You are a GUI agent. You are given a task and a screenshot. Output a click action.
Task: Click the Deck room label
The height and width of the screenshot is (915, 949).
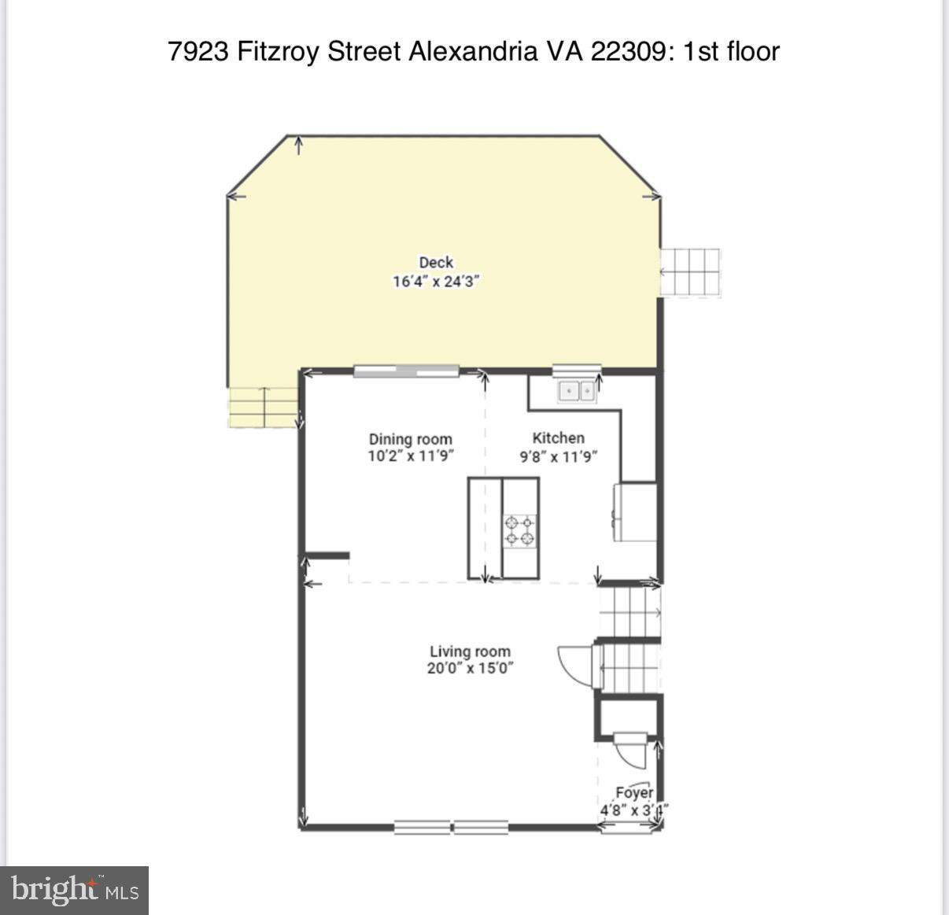pyautogui.click(x=435, y=263)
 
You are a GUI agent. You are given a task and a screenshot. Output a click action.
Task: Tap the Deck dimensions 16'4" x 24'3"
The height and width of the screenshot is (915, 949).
pyautogui.click(x=435, y=282)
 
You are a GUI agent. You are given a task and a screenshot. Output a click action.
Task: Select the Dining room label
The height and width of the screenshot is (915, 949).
pyautogui.click(x=410, y=439)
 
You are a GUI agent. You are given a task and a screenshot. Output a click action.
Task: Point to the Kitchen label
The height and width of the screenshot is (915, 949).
pyautogui.click(x=558, y=438)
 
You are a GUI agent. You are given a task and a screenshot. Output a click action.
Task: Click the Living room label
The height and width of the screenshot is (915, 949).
pyautogui.click(x=470, y=651)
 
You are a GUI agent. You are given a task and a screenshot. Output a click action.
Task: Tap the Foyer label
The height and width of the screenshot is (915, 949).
pyautogui.click(x=634, y=793)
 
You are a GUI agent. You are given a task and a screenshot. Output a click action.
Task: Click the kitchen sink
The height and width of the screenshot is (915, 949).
pyautogui.click(x=577, y=390)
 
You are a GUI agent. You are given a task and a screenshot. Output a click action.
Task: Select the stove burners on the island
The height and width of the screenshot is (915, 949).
pyautogui.click(x=520, y=529)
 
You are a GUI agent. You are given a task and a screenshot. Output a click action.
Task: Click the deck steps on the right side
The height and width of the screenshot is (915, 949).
pyautogui.click(x=690, y=272)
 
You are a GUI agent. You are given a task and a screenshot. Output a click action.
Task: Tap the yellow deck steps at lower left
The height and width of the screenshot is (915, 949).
pyautogui.click(x=262, y=408)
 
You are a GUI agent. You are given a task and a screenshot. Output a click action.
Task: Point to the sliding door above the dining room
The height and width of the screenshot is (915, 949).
pyautogui.click(x=406, y=371)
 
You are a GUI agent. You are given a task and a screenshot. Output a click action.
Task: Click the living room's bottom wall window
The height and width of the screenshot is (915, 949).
pyautogui.click(x=451, y=827)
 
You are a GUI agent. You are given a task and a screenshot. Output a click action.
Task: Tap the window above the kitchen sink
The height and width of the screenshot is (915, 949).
pyautogui.click(x=577, y=368)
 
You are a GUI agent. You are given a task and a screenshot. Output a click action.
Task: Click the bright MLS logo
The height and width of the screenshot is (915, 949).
pyautogui.click(x=75, y=890)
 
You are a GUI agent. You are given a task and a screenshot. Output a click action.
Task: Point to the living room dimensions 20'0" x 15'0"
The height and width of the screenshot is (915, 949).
pyautogui.click(x=470, y=669)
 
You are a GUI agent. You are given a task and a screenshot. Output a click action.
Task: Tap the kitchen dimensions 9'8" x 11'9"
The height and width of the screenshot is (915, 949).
pyautogui.click(x=559, y=457)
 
